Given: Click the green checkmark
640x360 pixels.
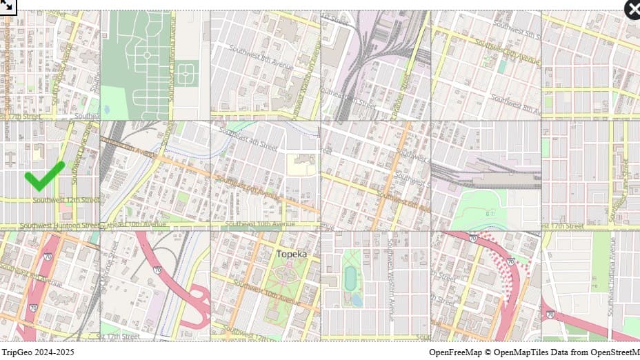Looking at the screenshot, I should tap(44, 176).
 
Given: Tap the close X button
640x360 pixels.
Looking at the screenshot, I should tap(633, 9).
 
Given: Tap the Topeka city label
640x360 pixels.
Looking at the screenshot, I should tap(291, 254).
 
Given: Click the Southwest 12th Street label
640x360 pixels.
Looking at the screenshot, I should tap(66, 200).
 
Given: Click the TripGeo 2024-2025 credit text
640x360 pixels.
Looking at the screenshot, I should tap(37, 352).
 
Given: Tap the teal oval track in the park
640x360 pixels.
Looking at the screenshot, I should tap(351, 277).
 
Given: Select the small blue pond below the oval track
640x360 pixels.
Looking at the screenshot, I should tap(357, 299).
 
